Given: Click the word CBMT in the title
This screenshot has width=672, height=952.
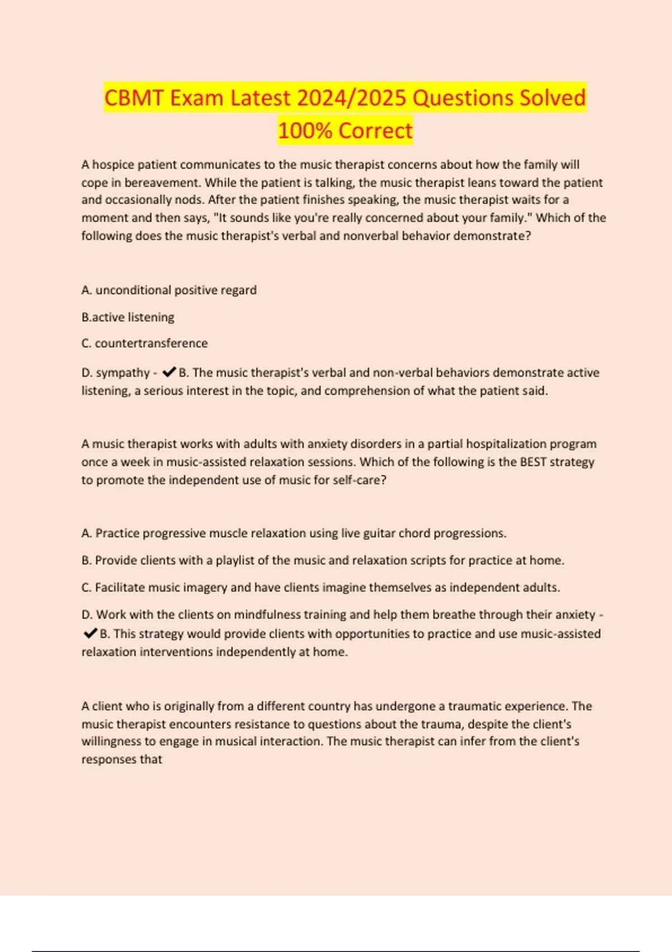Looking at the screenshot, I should [134, 98].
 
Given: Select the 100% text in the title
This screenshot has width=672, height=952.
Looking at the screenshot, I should [305, 130].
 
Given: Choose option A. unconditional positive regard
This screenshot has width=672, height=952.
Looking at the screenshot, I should [169, 290].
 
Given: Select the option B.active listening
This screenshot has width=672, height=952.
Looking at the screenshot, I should [128, 317].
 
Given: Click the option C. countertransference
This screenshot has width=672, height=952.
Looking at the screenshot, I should [144, 343].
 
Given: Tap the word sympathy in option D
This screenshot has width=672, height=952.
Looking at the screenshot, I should [123, 373].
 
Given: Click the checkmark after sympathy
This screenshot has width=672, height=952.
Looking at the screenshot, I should [169, 372].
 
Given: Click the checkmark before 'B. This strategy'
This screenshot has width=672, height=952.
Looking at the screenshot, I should [90, 633].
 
